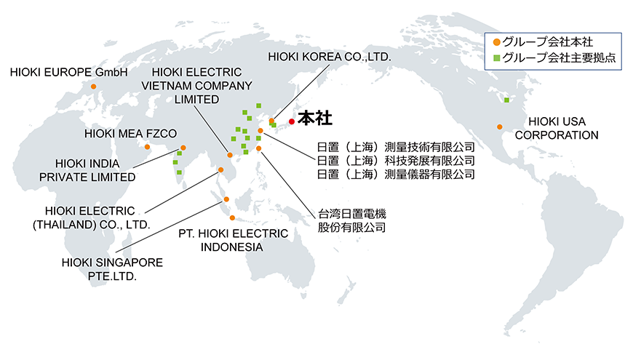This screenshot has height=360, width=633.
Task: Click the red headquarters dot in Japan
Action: [x=292, y=121]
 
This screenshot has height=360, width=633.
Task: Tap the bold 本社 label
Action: [x=315, y=119]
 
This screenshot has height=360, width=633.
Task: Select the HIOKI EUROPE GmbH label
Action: [x=68, y=72]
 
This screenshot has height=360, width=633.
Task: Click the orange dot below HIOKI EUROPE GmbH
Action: [x=94, y=87]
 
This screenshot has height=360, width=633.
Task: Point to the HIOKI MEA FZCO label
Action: [x=130, y=134]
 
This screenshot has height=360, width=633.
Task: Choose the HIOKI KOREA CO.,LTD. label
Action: [x=330, y=57]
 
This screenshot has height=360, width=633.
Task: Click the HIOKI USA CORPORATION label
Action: [x=557, y=128]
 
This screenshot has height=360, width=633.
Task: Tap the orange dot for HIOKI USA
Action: [x=500, y=127]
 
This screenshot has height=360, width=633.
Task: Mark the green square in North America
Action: [x=506, y=100]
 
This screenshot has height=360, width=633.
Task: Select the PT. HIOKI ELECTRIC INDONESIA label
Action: [x=233, y=240]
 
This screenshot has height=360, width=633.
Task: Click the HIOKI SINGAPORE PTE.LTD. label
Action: [x=112, y=269]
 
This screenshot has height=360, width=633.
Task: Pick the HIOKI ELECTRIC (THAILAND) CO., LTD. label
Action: [x=91, y=218]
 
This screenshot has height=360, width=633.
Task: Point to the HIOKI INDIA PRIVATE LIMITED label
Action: [x=87, y=170]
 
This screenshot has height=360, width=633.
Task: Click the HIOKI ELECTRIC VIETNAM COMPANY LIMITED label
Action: [x=196, y=86]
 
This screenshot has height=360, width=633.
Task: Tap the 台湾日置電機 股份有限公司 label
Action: [x=351, y=220]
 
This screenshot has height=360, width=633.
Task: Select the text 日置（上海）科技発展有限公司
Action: [x=396, y=161]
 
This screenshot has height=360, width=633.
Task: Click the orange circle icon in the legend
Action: [x=496, y=42]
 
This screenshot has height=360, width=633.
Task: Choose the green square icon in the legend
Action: [x=496, y=58]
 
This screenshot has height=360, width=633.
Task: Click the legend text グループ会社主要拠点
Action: [x=559, y=57]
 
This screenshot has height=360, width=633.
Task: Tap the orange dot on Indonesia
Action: [x=232, y=218]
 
